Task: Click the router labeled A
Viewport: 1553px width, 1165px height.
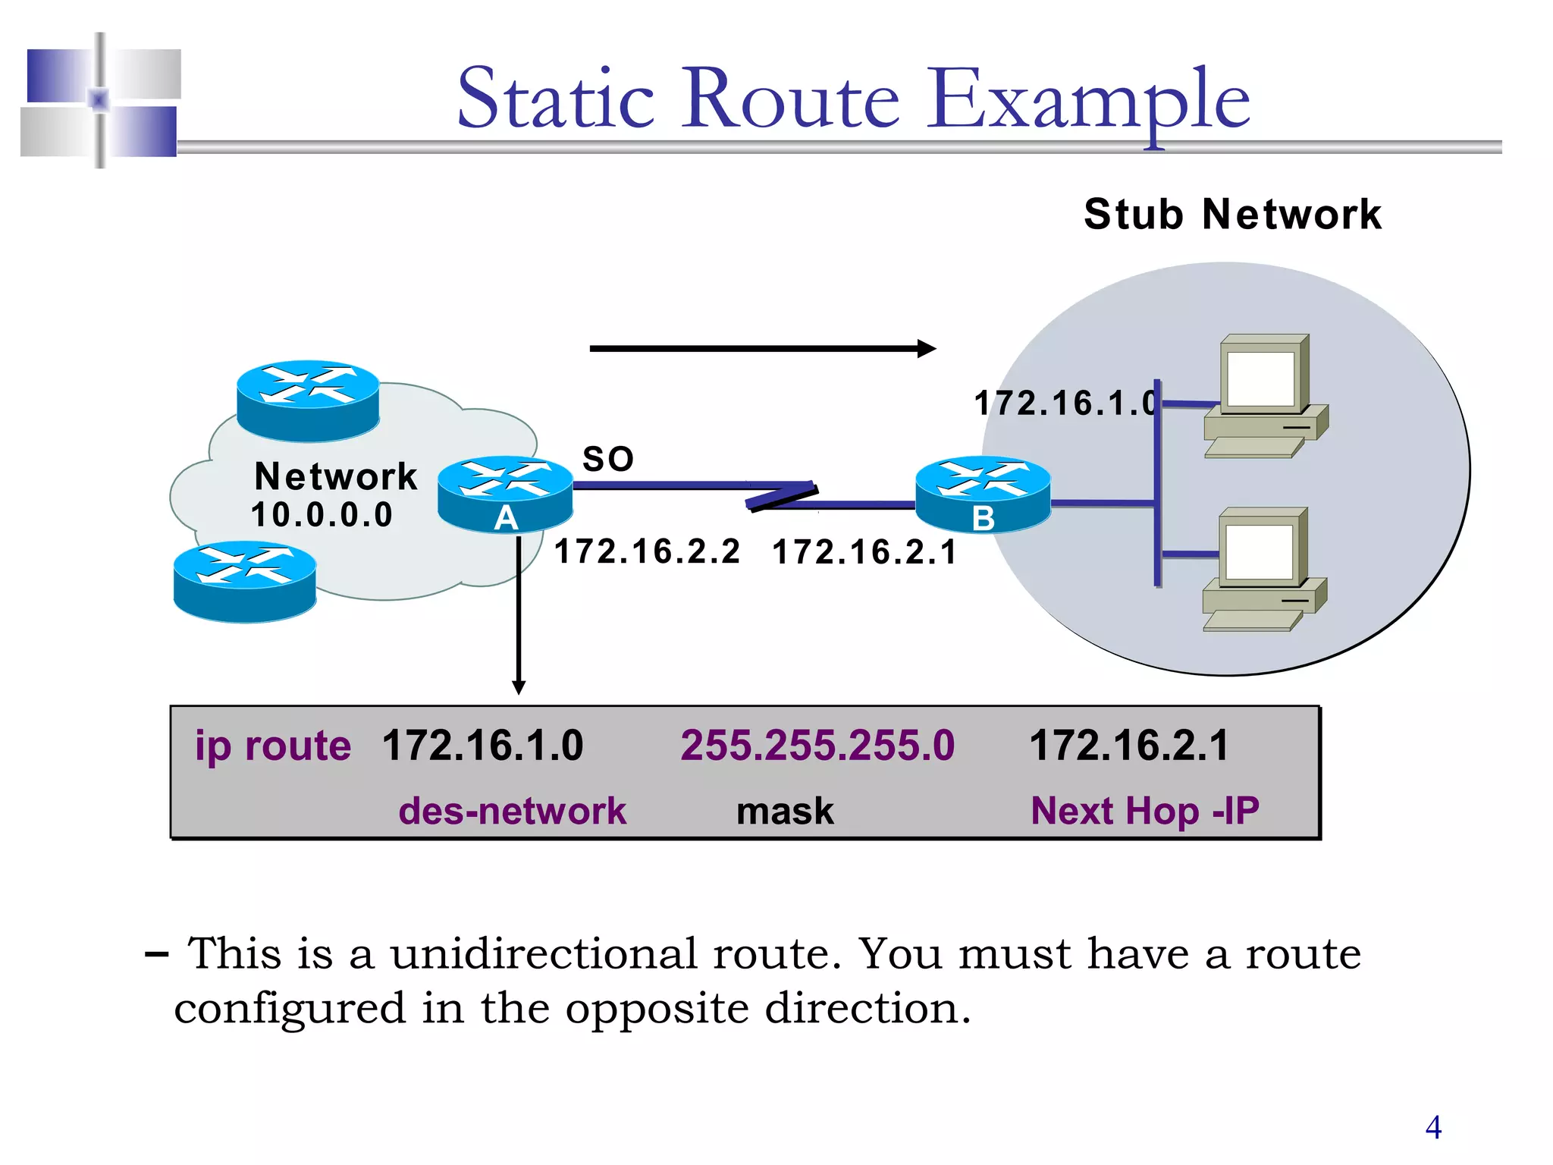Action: click(x=505, y=493)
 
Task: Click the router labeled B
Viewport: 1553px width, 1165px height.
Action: click(x=983, y=493)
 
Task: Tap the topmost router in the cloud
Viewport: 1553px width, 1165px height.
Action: click(x=308, y=400)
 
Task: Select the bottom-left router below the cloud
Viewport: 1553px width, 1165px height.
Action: click(x=245, y=581)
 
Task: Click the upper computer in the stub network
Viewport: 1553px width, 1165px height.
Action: click(x=1265, y=394)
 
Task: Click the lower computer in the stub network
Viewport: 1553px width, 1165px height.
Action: click(x=1263, y=568)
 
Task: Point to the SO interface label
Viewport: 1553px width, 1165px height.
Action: click(x=607, y=459)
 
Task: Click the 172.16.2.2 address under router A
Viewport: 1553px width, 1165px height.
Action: click(x=647, y=551)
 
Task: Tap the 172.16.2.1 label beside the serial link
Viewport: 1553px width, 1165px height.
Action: click(x=864, y=552)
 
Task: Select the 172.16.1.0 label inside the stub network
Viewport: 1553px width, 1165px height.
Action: click(x=1065, y=403)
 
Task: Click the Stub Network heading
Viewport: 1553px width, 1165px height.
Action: click(x=1232, y=214)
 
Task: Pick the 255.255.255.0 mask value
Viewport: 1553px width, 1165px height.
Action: click(x=817, y=745)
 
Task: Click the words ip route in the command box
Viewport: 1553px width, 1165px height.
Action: click(x=273, y=746)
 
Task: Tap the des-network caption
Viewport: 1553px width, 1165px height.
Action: click(x=513, y=811)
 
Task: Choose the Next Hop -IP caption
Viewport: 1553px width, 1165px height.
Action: click(x=1144, y=811)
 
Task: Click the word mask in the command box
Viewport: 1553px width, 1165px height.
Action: click(x=785, y=811)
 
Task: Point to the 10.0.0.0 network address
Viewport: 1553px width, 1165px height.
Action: click(x=322, y=515)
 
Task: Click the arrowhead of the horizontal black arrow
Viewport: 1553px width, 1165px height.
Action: click(x=927, y=349)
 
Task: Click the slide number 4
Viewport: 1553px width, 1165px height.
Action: click(x=1433, y=1127)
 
